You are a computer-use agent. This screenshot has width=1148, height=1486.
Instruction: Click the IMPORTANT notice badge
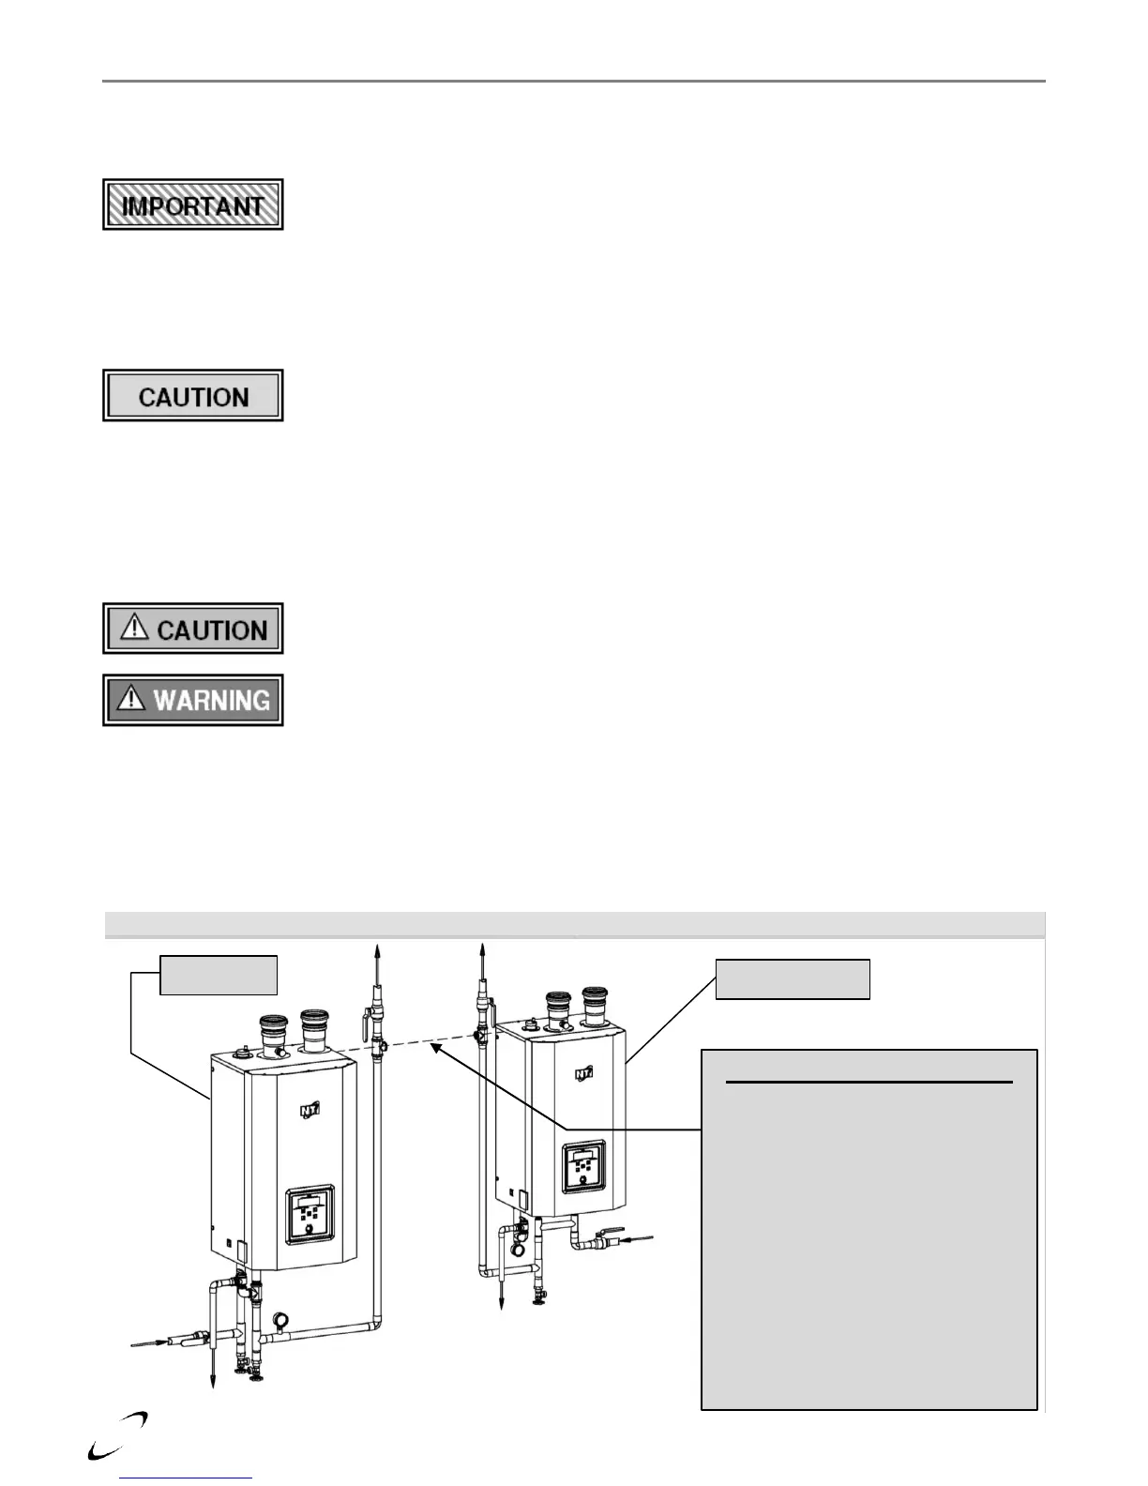[192, 205]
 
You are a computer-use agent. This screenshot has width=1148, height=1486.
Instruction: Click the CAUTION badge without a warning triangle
[192, 396]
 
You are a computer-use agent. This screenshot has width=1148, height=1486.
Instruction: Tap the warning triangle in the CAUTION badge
[135, 628]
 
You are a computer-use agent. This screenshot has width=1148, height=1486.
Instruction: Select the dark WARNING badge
[192, 700]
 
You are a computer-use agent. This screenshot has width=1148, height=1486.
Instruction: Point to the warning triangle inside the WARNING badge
[132, 699]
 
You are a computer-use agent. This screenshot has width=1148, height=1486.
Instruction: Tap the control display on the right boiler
[582, 1168]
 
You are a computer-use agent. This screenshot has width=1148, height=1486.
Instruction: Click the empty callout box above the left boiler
[219, 975]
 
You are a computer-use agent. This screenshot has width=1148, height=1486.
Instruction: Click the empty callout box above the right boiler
[793, 978]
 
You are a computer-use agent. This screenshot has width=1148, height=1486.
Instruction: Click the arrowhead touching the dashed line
[436, 1050]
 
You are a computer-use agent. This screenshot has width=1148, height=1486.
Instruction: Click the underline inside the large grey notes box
[869, 1083]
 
